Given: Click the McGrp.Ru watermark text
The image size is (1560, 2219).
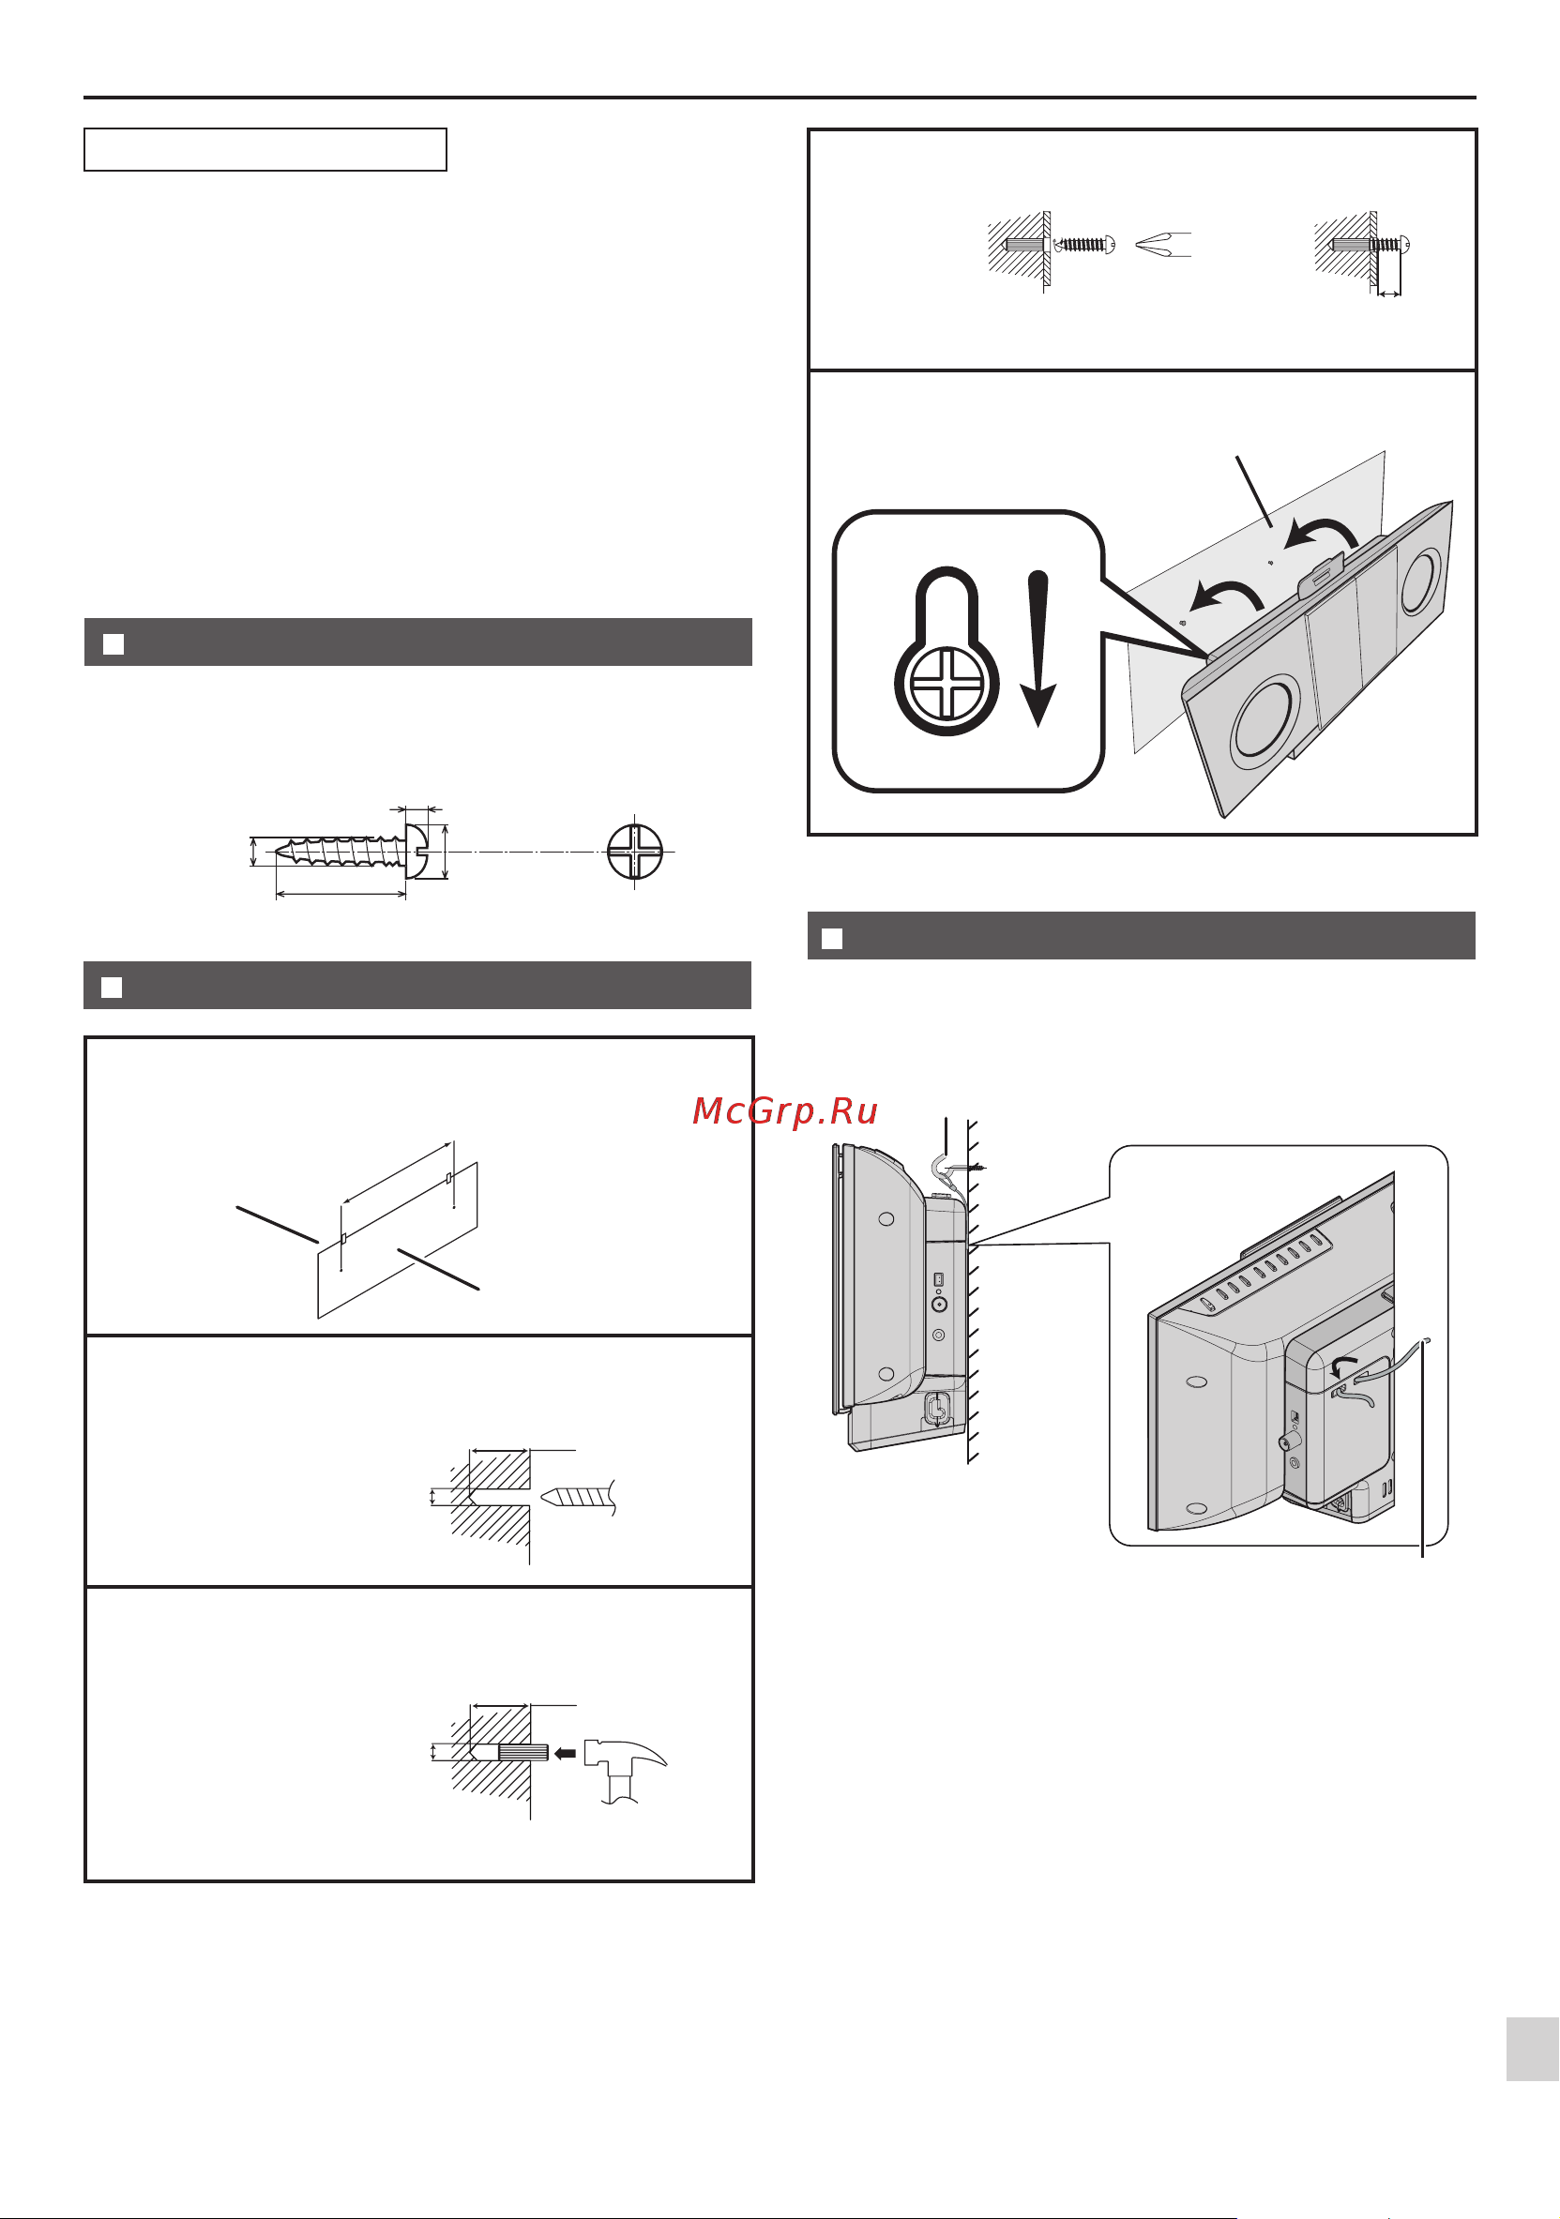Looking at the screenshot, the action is (785, 1111).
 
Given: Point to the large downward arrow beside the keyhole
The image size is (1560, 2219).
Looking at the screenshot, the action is (1038, 648).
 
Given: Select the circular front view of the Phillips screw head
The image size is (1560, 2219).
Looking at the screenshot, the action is (634, 852).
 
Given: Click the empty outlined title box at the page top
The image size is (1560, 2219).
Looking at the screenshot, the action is (265, 150).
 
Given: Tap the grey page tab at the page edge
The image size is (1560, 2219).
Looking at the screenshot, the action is (1532, 2048).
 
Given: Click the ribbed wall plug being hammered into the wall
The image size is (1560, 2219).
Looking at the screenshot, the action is (523, 1752).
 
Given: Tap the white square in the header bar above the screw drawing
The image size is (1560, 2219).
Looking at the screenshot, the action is (114, 643).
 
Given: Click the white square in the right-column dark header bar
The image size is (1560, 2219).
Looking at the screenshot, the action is (831, 939).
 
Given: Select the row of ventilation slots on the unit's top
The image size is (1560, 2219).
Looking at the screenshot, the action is (1264, 1268).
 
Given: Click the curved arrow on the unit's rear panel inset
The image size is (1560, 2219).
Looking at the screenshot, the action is (1343, 1362).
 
